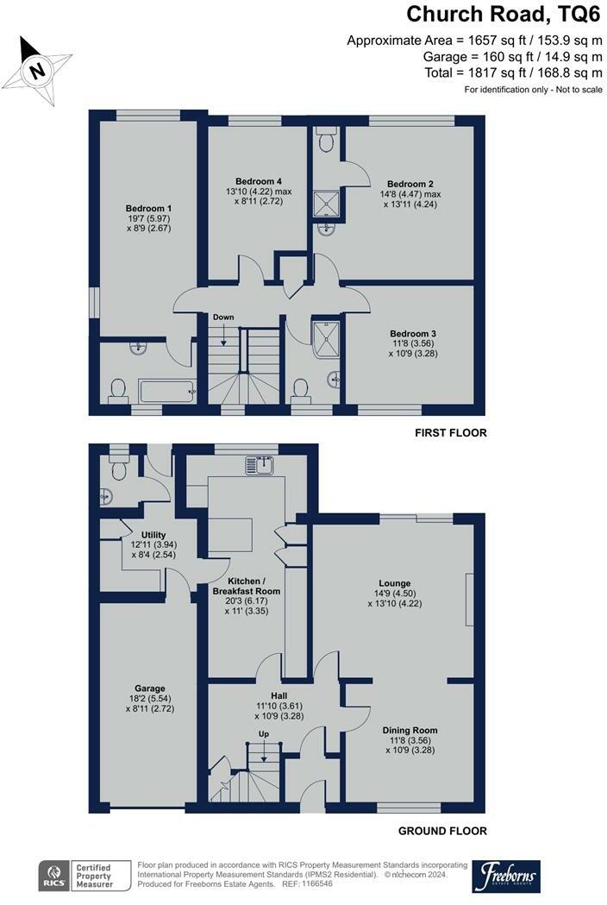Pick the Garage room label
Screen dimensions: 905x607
click(148, 688)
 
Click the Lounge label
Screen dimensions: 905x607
click(394, 583)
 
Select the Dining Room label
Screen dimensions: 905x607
click(410, 730)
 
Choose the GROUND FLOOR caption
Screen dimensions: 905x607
click(442, 831)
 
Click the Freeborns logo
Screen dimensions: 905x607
click(511, 875)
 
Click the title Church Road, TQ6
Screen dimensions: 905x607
click(504, 15)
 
